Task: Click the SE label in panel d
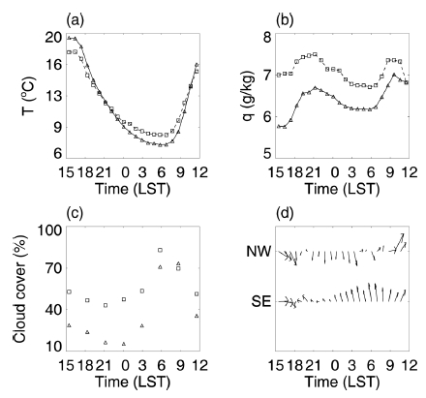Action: [257, 302]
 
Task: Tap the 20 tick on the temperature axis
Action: [53, 37]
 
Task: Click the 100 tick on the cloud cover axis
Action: [49, 232]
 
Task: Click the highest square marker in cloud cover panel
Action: [160, 250]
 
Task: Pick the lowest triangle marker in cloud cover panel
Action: [124, 344]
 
